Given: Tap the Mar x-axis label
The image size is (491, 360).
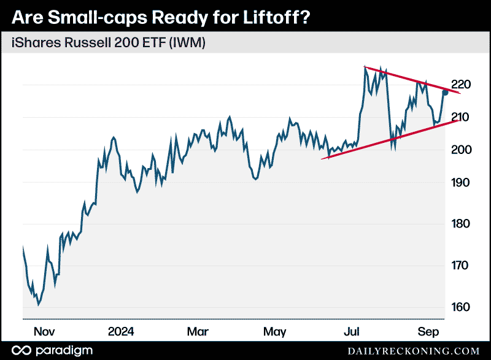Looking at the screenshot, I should click(x=198, y=332).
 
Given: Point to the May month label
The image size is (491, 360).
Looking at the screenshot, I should click(x=274, y=332).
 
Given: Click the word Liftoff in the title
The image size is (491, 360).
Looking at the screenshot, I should click(x=268, y=17).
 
